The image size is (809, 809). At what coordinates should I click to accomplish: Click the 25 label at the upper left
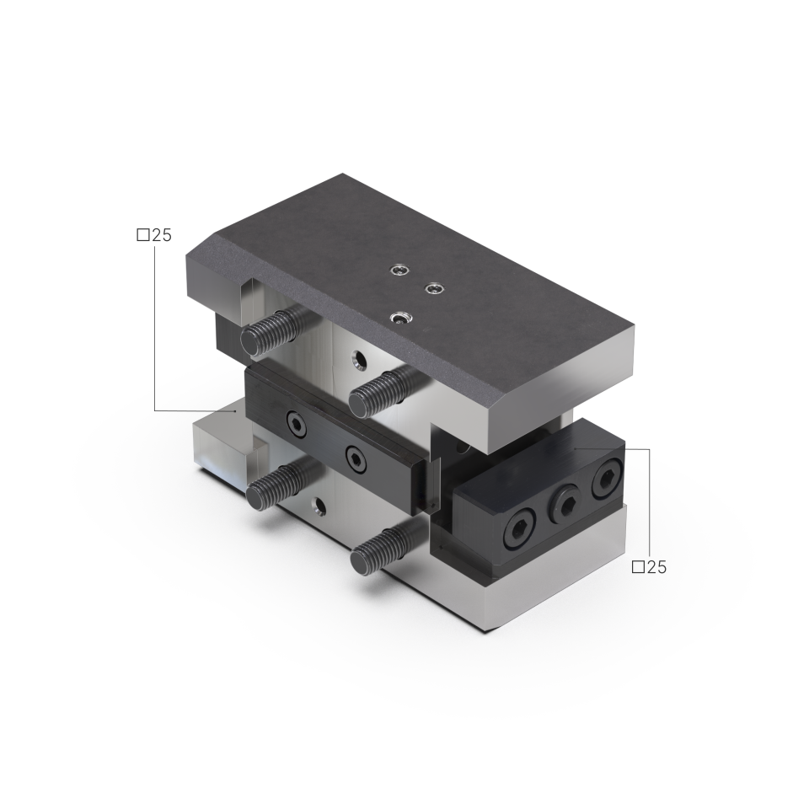click(162, 235)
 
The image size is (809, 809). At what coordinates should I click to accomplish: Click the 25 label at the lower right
click(656, 567)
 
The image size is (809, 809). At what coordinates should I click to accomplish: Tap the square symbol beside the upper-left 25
click(143, 235)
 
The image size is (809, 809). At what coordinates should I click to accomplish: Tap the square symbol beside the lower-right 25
click(638, 567)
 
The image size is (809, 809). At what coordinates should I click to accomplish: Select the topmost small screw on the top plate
click(399, 270)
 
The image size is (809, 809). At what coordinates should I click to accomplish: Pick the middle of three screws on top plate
click(434, 288)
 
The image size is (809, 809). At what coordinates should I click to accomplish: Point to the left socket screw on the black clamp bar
click(297, 424)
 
